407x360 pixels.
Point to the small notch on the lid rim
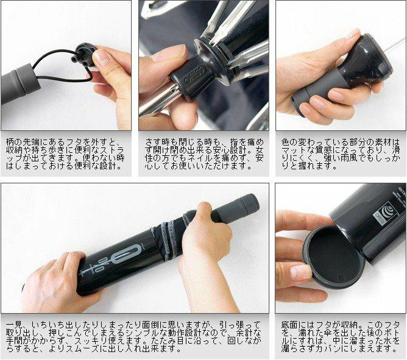coord(342,278)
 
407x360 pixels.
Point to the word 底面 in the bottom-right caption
coord(289,325)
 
